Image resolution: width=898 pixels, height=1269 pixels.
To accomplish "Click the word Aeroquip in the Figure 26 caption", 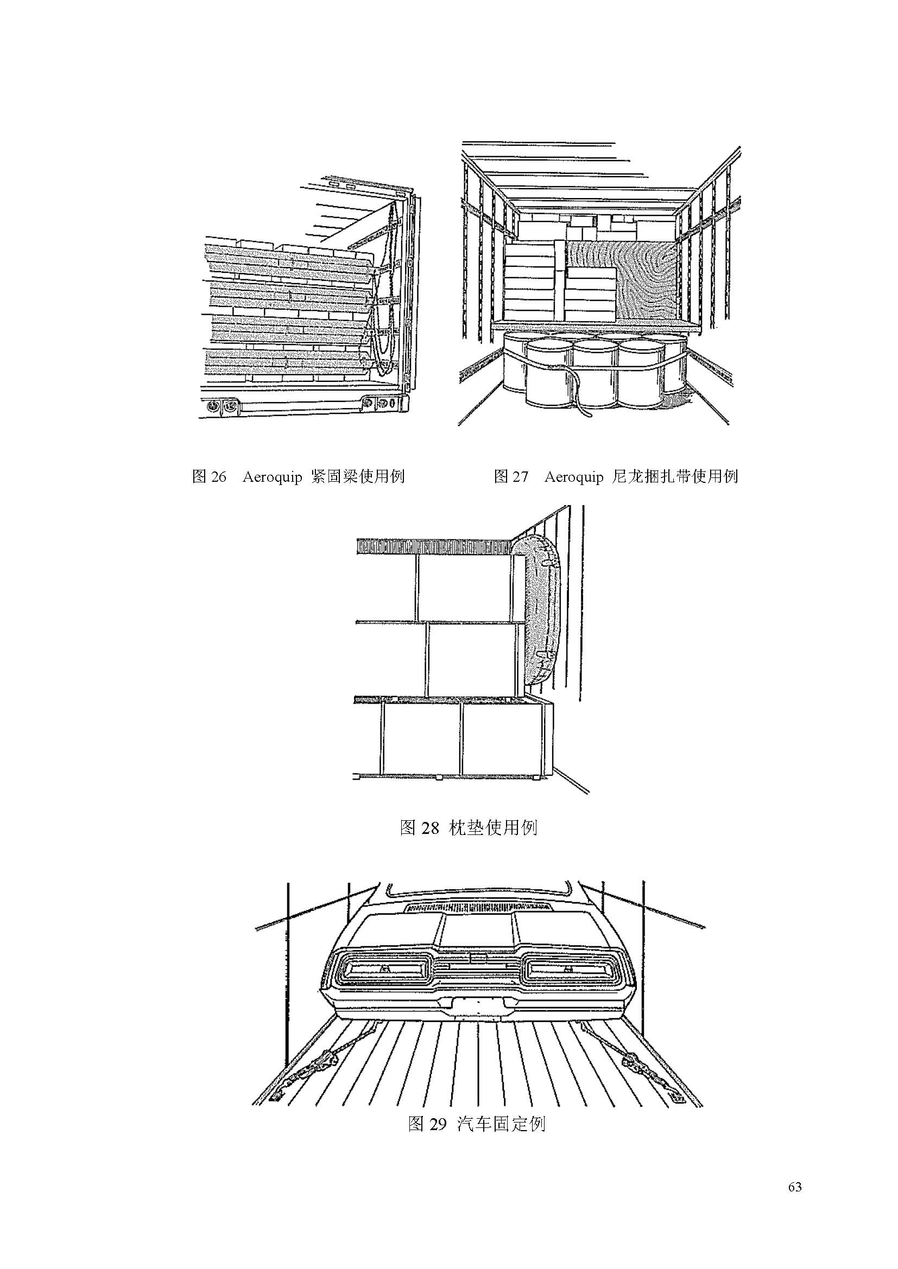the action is (x=271, y=477).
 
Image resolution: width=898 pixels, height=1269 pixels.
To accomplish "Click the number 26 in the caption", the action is (x=218, y=477).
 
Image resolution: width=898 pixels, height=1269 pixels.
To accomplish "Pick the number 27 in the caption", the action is (x=520, y=477).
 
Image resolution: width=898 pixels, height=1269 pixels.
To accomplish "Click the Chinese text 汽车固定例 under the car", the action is (x=502, y=1124).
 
